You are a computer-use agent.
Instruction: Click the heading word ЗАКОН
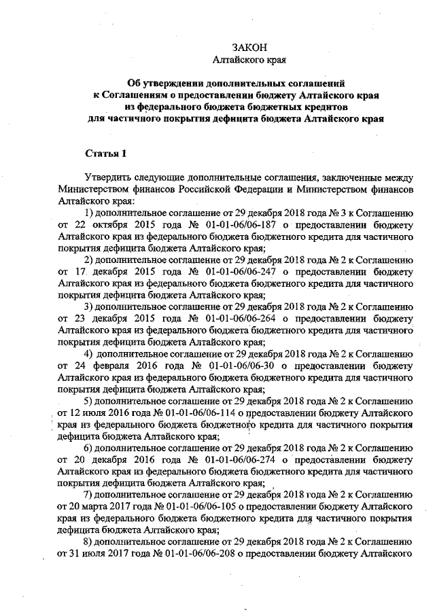[x=245, y=48]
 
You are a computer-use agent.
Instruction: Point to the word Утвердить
[x=108, y=176]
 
